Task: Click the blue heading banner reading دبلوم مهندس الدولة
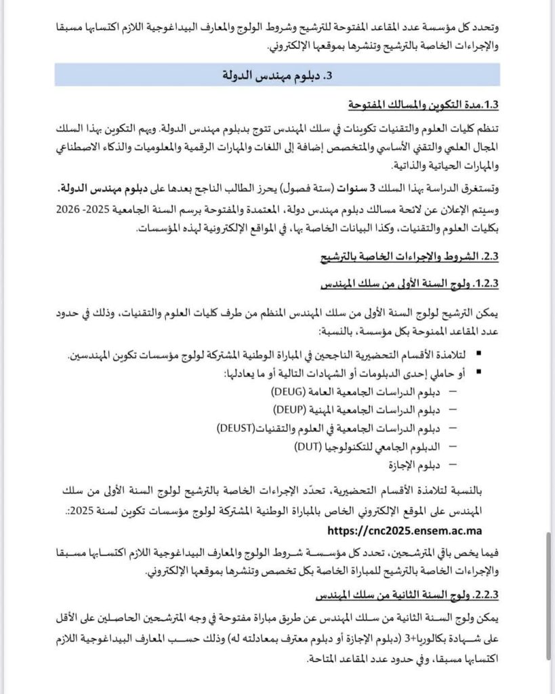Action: [x=277, y=75]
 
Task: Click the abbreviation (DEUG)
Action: [x=289, y=392]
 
